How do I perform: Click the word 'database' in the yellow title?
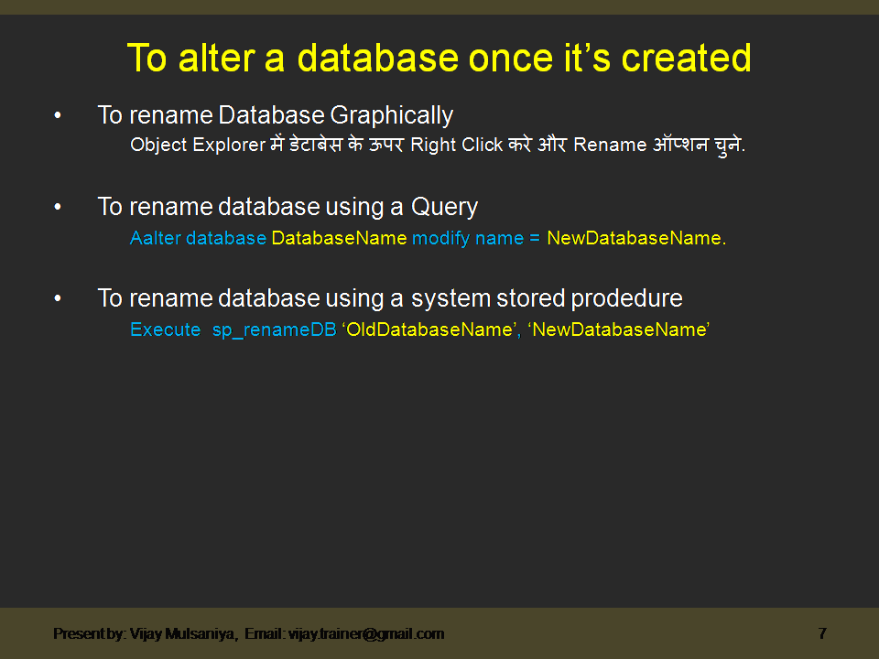click(x=378, y=58)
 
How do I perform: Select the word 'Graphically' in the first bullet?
click(x=391, y=116)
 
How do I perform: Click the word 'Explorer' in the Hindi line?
click(x=229, y=146)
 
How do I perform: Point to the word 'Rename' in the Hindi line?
click(x=610, y=145)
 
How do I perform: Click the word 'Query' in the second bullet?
click(x=445, y=208)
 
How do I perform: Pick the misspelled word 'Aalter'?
click(x=156, y=238)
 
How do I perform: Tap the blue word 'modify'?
click(x=440, y=239)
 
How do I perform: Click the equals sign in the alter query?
click(x=535, y=239)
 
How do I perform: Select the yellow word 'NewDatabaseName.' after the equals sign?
click(x=636, y=238)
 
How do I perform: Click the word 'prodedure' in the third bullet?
click(x=626, y=298)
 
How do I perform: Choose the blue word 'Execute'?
click(x=166, y=329)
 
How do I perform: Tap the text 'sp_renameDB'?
click(x=274, y=330)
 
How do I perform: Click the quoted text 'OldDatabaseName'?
click(x=429, y=329)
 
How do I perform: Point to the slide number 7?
click(x=822, y=633)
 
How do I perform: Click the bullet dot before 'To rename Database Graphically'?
click(x=57, y=115)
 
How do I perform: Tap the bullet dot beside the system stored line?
click(x=57, y=298)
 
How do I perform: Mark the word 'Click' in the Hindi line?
click(x=483, y=145)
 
